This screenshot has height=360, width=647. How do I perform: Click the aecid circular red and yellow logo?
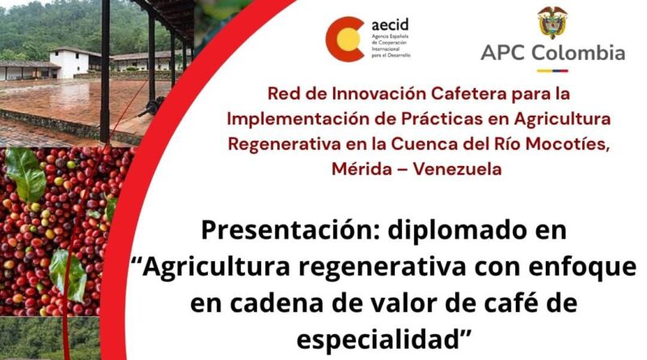pyautogui.click(x=345, y=39)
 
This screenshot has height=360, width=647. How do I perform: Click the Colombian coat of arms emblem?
pyautogui.click(x=552, y=23)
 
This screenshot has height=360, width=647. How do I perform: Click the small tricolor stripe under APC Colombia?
pyautogui.click(x=552, y=70)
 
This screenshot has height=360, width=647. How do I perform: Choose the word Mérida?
pyautogui.click(x=362, y=169)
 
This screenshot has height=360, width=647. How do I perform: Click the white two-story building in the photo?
pyautogui.click(x=70, y=62)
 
